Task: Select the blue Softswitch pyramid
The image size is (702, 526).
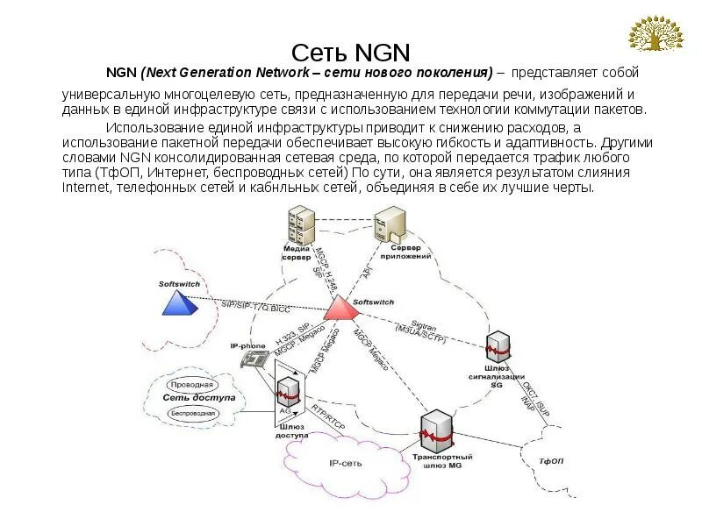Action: point(178,302)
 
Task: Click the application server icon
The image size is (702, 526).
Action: point(390,228)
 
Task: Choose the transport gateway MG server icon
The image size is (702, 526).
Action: point(436,430)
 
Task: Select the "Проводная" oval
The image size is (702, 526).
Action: point(191,384)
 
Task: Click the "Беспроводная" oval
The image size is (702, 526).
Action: point(190,412)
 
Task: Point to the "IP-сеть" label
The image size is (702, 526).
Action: point(346,463)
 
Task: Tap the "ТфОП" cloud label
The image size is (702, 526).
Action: point(550,459)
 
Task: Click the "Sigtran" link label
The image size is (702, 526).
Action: point(426,325)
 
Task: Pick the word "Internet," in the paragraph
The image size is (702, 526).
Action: point(85,188)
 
